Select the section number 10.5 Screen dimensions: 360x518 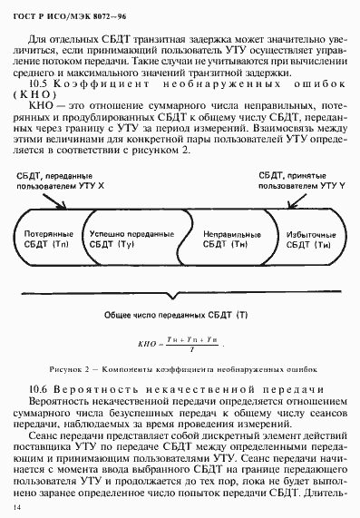[39, 83]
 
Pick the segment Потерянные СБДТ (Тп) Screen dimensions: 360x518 [49, 239]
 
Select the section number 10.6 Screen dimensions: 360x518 [39, 390]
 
